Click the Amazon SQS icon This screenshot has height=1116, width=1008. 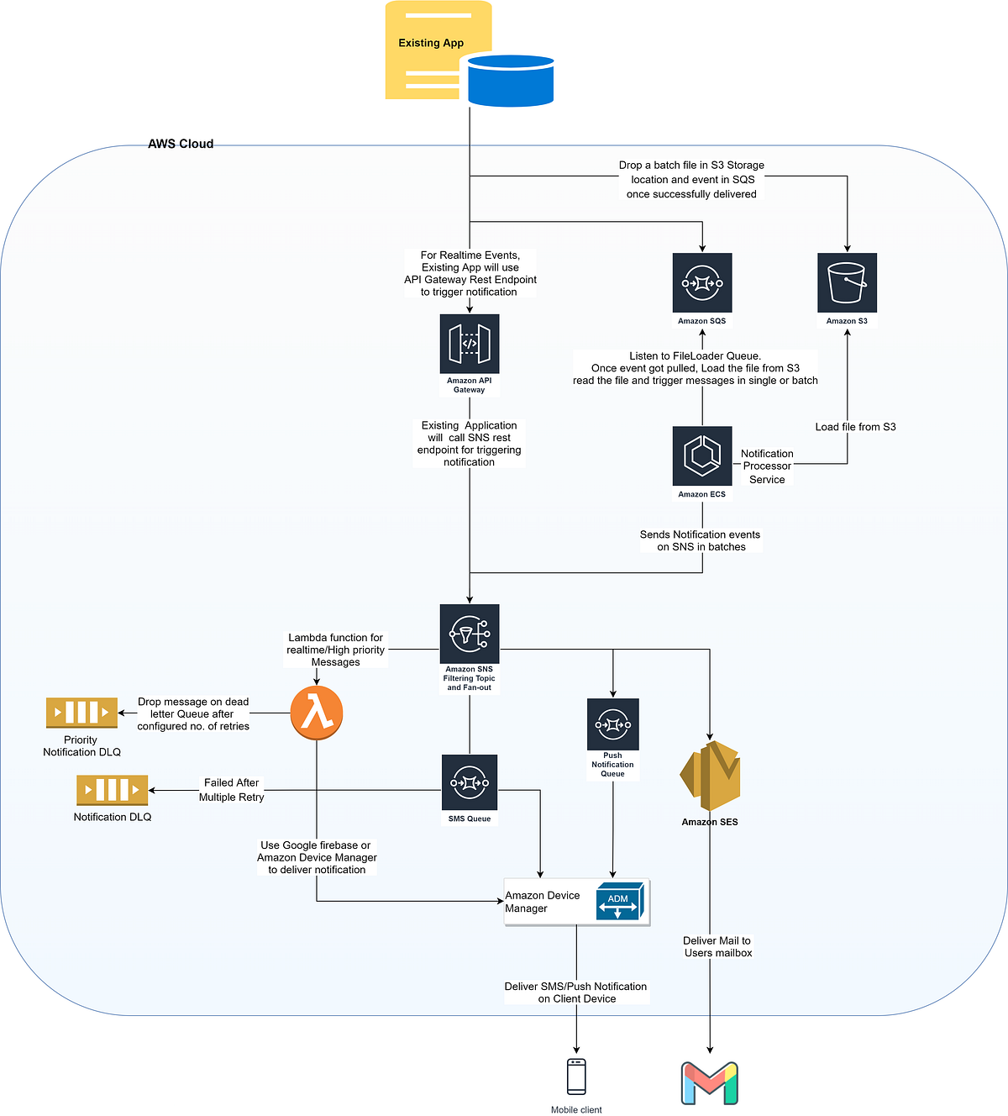tap(702, 283)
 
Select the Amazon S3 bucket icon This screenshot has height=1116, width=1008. tap(847, 283)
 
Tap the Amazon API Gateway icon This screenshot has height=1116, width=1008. tap(470, 344)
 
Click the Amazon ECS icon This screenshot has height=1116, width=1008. tap(702, 455)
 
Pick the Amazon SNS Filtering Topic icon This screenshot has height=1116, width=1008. tap(470, 634)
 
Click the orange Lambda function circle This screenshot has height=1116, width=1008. tap(317, 713)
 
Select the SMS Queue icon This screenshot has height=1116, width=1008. tap(470, 782)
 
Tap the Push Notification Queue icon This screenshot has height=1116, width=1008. tap(613, 724)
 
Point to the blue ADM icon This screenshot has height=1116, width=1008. tap(620, 902)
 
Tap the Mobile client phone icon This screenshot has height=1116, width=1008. tap(576, 1077)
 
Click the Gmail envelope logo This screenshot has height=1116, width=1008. tap(710, 1083)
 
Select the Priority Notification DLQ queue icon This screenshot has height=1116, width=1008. tap(81, 713)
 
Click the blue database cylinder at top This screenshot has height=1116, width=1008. tap(511, 81)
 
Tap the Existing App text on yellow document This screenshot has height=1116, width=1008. tap(431, 43)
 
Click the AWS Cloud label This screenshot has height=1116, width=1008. tap(181, 144)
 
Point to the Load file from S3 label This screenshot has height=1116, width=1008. tap(855, 427)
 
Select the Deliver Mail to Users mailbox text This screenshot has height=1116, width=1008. tap(717, 947)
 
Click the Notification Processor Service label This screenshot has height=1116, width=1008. tap(767, 466)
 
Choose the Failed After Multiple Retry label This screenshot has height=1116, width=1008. tap(231, 790)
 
